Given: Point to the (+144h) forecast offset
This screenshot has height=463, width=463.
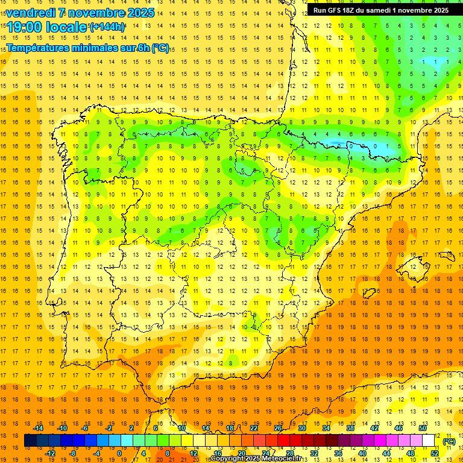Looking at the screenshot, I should click(x=107, y=27).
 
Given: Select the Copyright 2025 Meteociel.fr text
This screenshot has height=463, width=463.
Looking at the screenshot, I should click(x=256, y=459).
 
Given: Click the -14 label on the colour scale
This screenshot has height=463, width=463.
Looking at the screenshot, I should click(x=38, y=428).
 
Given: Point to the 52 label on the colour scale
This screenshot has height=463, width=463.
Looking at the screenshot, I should click(x=435, y=453).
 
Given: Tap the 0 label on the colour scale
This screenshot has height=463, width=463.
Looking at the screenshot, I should click(x=119, y=453).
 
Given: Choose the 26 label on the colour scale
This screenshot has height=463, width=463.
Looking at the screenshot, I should click(x=278, y=428).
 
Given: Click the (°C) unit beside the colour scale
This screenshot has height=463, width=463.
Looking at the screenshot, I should click(x=449, y=441).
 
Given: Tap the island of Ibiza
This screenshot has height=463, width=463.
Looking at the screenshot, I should click(x=369, y=294).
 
